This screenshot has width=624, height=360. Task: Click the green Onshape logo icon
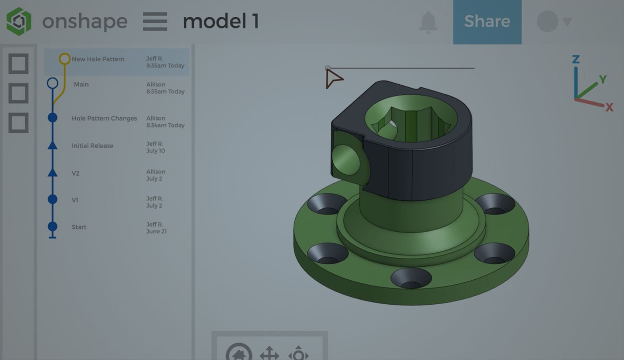(x=19, y=21)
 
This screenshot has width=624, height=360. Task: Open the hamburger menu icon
(x=155, y=21)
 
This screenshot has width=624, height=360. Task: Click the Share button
(x=487, y=21)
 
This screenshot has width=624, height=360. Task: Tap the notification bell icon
(x=428, y=22)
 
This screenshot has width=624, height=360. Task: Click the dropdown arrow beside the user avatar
(x=567, y=21)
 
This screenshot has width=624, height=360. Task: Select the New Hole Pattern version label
(x=98, y=59)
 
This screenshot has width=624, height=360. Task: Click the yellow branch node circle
(x=64, y=59)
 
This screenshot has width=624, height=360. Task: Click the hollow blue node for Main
(x=53, y=83)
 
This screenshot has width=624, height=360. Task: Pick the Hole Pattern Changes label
(x=104, y=119)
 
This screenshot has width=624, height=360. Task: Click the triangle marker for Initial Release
(x=53, y=146)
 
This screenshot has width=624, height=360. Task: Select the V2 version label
(x=76, y=174)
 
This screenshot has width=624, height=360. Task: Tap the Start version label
(x=79, y=227)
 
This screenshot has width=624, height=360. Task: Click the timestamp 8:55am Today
(x=165, y=92)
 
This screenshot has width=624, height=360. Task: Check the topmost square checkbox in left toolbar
(x=18, y=64)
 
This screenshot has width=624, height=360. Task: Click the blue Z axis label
(x=576, y=59)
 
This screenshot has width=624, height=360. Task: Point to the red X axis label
(x=609, y=107)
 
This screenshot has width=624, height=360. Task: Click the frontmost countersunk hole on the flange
(x=411, y=278)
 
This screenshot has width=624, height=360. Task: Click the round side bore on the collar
(x=346, y=160)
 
